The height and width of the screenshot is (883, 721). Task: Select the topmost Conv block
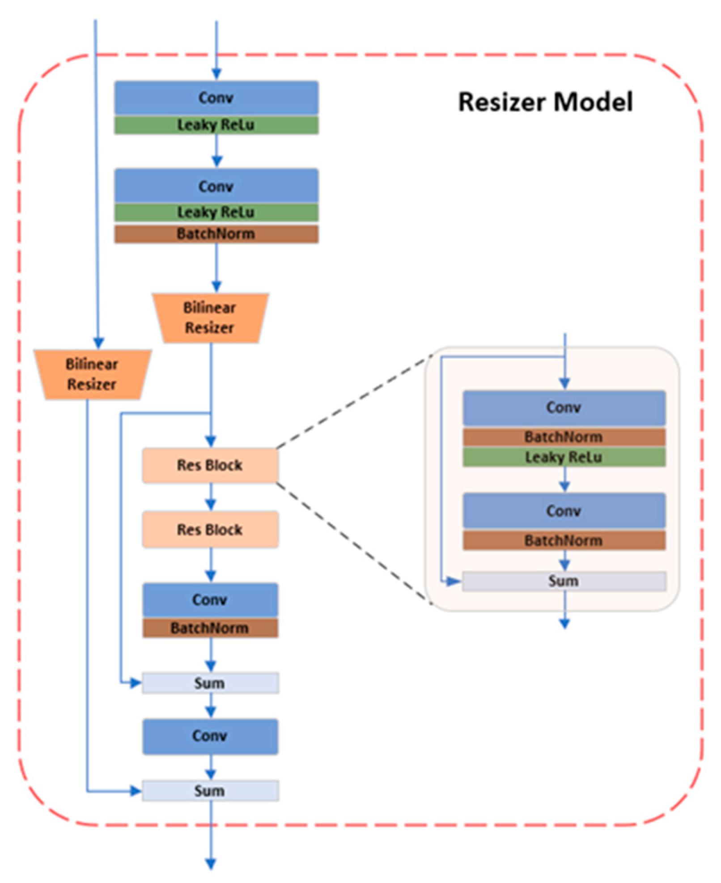click(x=216, y=98)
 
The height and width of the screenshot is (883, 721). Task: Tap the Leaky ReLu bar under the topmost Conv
click(x=216, y=125)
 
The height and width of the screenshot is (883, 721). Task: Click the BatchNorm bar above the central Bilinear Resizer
click(x=216, y=233)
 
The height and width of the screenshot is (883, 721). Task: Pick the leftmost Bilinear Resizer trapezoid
click(x=92, y=374)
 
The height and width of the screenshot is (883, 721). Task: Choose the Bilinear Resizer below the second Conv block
click(x=210, y=318)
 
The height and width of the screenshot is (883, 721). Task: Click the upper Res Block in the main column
click(x=210, y=465)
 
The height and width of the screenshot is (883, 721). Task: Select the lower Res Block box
click(x=210, y=529)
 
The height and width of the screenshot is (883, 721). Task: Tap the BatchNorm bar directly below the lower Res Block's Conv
click(x=210, y=628)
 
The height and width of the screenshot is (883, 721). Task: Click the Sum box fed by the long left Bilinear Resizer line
click(x=210, y=790)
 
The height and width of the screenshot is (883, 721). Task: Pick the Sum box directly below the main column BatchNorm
click(x=210, y=683)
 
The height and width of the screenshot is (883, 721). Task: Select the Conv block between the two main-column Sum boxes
click(x=210, y=736)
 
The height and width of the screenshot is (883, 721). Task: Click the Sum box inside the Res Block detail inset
click(x=564, y=581)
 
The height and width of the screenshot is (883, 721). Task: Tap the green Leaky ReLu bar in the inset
click(x=564, y=457)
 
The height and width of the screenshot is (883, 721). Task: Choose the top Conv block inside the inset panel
click(x=564, y=407)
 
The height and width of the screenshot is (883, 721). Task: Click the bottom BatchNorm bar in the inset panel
click(x=564, y=540)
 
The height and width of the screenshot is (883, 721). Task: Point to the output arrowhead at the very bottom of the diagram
click(x=210, y=863)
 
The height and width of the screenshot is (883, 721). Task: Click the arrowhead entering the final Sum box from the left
click(x=136, y=791)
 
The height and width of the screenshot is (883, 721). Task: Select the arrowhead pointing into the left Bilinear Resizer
click(x=99, y=343)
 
